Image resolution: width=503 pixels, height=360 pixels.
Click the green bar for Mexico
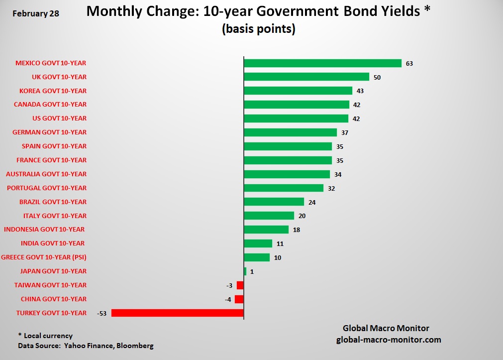pos(322,63)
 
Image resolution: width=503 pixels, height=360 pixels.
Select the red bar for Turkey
pos(178,313)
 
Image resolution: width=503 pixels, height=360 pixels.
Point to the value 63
pos(409,64)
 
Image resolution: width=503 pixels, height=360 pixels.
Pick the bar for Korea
pos(298,91)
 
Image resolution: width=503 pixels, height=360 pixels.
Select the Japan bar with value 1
pos(245,271)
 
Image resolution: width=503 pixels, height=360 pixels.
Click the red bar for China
pos(239,299)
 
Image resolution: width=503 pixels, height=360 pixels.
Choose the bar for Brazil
pos(274,202)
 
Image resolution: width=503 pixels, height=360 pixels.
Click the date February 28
pos(35,13)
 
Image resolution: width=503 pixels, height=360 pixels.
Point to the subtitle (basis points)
pos(259,29)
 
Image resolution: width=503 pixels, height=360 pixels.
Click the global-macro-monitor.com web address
pos(389,340)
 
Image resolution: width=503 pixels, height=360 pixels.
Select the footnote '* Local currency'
pos(45,336)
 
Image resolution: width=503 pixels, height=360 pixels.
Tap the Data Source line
pos(86,346)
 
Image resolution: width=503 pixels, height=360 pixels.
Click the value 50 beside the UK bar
pos(377,77)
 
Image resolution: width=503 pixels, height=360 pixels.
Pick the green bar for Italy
pos(269,216)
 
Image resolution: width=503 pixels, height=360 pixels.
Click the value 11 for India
pos(280,244)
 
